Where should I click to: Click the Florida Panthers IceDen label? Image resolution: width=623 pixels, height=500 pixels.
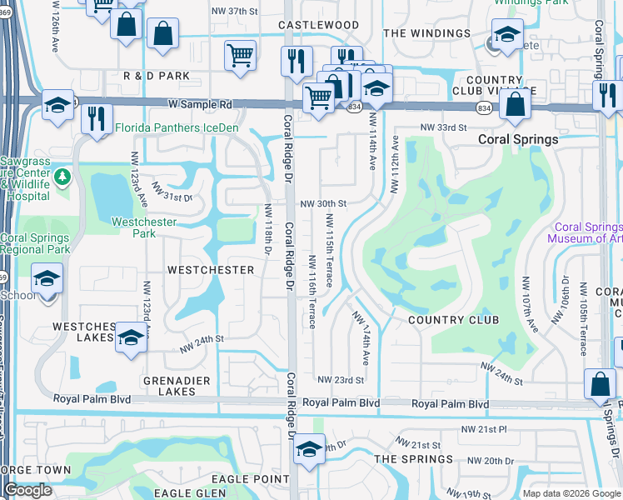[177, 127]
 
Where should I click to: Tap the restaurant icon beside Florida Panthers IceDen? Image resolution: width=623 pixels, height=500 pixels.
[99, 118]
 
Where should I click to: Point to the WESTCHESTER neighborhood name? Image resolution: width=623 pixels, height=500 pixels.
[210, 270]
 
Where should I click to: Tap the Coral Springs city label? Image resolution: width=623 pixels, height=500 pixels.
[517, 139]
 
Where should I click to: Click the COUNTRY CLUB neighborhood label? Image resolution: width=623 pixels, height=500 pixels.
[453, 320]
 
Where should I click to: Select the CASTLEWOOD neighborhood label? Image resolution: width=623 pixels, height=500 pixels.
[318, 26]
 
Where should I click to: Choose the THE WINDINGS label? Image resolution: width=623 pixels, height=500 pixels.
[426, 33]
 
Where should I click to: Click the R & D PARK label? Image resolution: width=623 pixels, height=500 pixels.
[157, 76]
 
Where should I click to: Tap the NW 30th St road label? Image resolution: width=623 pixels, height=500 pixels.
[322, 203]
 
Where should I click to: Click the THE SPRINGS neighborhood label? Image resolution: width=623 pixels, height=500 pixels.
[413, 459]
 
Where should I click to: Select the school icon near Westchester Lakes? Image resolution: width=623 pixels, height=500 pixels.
[131, 337]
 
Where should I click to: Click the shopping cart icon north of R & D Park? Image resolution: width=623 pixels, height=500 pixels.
[241, 57]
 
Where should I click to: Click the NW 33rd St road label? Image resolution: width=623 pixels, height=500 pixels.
[440, 127]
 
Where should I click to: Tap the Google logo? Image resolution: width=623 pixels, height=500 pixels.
[27, 490]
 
